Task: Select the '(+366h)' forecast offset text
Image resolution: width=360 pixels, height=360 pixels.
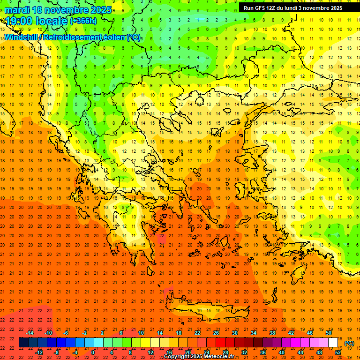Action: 84,21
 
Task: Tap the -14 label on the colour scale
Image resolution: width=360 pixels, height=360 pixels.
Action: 30,333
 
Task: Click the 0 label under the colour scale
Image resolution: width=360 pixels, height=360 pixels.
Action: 93,352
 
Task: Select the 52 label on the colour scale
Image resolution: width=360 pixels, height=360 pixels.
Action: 337,352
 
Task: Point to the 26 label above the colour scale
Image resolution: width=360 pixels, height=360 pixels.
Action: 216,333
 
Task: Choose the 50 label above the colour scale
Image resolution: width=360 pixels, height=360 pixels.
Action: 328,333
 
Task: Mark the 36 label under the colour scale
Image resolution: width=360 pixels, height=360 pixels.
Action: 262,352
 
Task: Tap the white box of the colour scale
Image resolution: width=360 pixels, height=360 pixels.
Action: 333,343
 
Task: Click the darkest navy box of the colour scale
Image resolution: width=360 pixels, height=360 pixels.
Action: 23,343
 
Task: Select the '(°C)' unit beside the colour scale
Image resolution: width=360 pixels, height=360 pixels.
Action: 349,343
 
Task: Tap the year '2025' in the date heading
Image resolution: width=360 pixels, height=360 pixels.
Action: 101,10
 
